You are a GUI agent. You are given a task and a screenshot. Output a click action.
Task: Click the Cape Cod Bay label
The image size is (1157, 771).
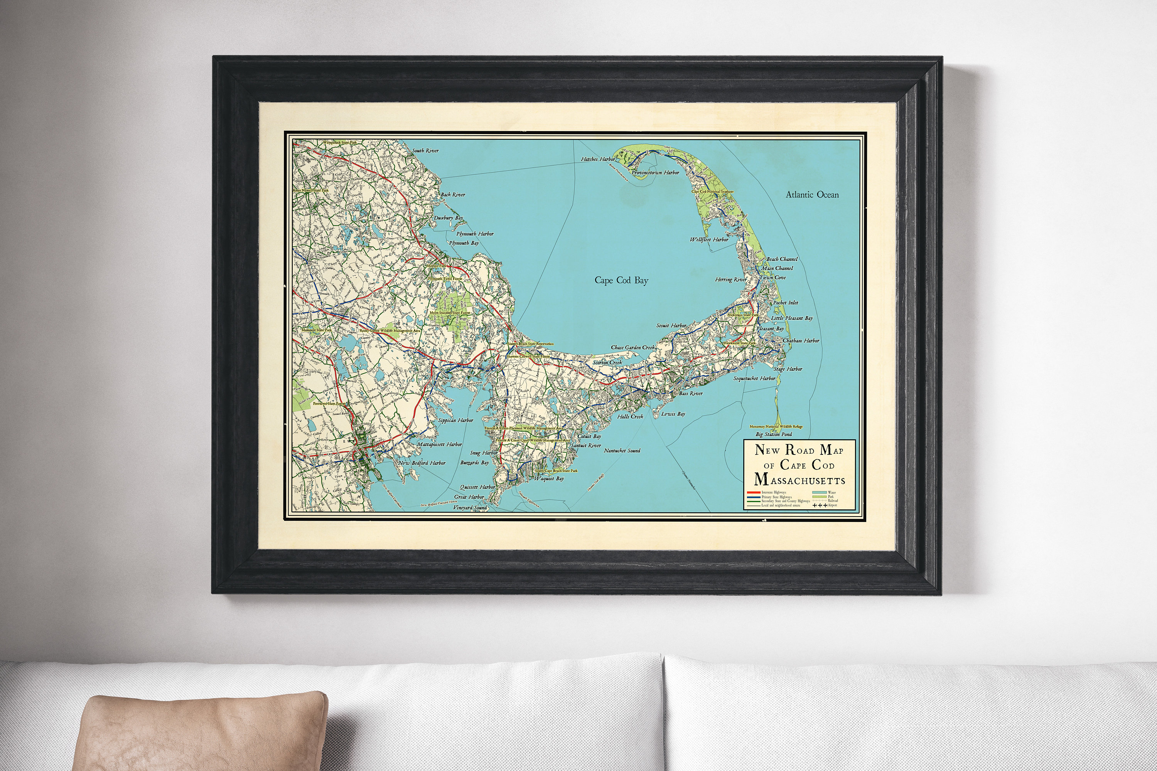(621, 281)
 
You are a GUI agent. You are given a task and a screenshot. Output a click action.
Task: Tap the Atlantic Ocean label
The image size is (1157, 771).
(812, 195)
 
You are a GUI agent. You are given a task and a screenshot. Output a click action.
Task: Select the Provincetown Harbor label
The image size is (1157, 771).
(655, 173)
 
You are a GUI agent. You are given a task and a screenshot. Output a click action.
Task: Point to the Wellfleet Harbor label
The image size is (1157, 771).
(708, 240)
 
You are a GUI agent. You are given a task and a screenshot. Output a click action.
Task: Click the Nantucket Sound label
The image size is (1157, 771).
(622, 450)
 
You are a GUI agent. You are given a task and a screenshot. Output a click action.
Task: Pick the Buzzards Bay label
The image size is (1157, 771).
(474, 463)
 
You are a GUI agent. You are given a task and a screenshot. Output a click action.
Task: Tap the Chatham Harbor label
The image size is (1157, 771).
(801, 340)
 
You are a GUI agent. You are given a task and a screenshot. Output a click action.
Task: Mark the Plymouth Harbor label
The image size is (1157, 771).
(475, 234)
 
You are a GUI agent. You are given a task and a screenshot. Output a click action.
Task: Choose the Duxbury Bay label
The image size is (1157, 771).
(448, 218)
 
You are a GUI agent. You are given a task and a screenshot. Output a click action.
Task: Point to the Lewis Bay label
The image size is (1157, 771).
(673, 414)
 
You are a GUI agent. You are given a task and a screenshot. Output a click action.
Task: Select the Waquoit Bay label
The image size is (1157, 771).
(548, 478)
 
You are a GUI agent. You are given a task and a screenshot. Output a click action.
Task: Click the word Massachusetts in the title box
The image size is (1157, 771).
(799, 480)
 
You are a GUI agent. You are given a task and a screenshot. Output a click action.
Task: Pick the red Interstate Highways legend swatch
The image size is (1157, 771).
(753, 492)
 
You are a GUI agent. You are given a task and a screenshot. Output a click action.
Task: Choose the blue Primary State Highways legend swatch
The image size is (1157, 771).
(753, 497)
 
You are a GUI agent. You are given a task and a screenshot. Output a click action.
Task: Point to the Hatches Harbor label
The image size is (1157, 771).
(598, 159)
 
